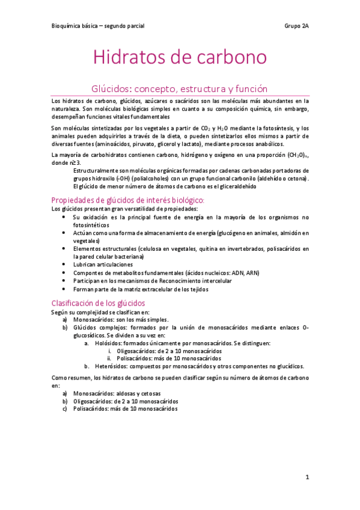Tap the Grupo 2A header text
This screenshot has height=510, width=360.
tap(296, 26)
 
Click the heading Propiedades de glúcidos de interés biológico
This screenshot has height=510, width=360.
tap(128, 200)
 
